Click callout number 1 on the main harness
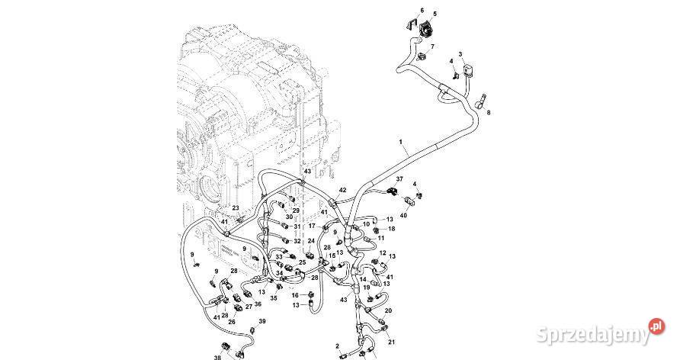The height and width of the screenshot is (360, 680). click(x=399, y=142)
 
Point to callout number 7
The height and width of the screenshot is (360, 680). click(x=433, y=47)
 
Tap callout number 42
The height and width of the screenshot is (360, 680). click(x=342, y=190)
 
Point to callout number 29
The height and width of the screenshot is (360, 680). click(x=296, y=211)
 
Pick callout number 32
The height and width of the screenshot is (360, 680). click(x=297, y=241)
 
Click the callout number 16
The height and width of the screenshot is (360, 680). click(x=295, y=294)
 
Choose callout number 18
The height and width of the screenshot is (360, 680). click(x=391, y=228)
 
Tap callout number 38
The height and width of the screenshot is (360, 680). click(x=217, y=357)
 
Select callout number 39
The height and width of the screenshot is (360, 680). click(x=262, y=321)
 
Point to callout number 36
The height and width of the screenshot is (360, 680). click(x=258, y=304)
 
